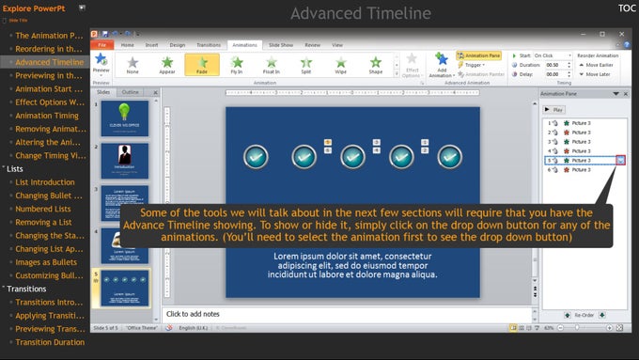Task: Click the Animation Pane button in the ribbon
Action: coord(479,55)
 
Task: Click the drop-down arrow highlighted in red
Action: coord(620,161)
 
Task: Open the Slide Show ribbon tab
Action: coord(281,44)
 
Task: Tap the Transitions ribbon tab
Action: coord(209,44)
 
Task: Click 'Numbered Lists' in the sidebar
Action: coord(44,209)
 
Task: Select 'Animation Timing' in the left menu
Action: coord(47,116)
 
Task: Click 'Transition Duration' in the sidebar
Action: coord(51,342)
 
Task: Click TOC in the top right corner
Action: coord(627,8)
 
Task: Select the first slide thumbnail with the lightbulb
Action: coord(126,117)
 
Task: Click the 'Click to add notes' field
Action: coord(348,313)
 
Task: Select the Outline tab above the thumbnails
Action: coord(131,92)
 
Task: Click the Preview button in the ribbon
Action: coord(101,67)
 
